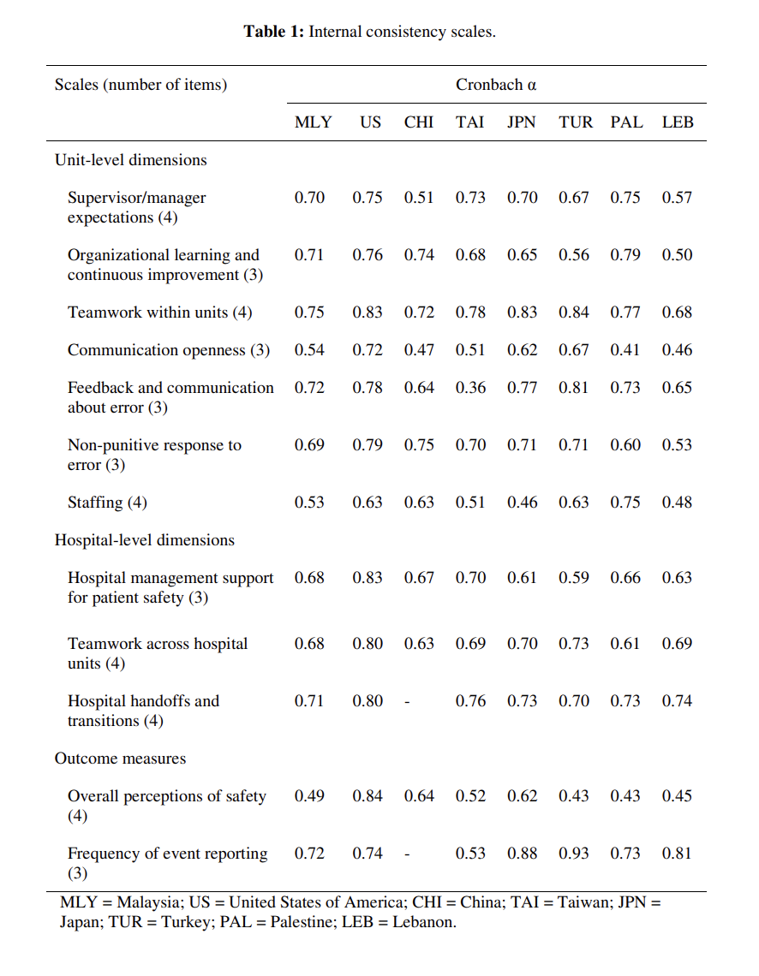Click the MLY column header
(314, 122)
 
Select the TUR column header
(576, 122)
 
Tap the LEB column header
(678, 122)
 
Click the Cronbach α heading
(496, 85)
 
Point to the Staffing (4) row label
(107, 503)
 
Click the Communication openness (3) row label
(169, 350)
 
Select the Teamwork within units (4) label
(160, 312)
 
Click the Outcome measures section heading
(120, 759)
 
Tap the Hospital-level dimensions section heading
(145, 539)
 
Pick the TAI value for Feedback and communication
(470, 388)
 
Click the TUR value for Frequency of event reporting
(573, 854)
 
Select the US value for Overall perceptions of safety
(368, 796)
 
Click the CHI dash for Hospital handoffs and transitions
(407, 702)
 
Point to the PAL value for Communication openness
(625, 350)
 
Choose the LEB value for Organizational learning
(677, 255)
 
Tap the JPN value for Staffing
(522, 503)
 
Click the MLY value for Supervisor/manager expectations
(309, 198)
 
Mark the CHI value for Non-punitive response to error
(419, 445)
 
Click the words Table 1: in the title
(274, 32)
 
